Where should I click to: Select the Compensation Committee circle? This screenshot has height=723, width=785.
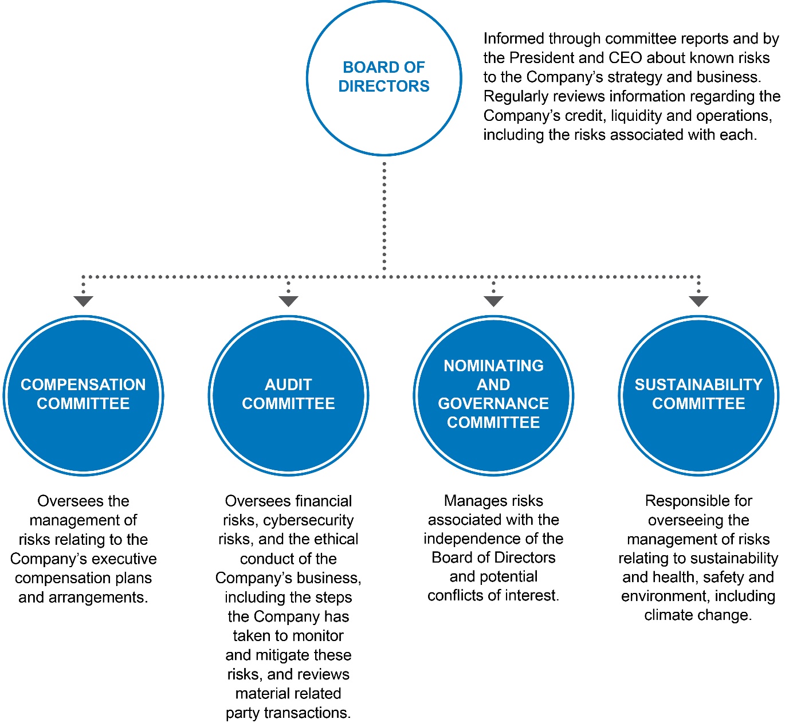click(83, 395)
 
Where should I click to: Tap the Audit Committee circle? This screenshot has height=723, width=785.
click(288, 395)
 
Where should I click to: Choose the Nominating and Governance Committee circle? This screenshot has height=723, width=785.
click(493, 395)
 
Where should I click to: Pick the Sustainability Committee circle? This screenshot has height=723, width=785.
click(698, 395)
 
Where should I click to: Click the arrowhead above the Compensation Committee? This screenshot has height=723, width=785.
click(83, 301)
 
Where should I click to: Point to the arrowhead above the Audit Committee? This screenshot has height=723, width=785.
click(288, 301)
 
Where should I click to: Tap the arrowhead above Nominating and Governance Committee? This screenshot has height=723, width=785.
click(493, 301)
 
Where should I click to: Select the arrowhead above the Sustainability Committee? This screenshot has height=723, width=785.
click(698, 301)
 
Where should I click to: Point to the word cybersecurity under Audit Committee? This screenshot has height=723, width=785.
click(308, 520)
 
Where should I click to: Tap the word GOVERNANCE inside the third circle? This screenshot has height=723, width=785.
click(493, 403)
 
